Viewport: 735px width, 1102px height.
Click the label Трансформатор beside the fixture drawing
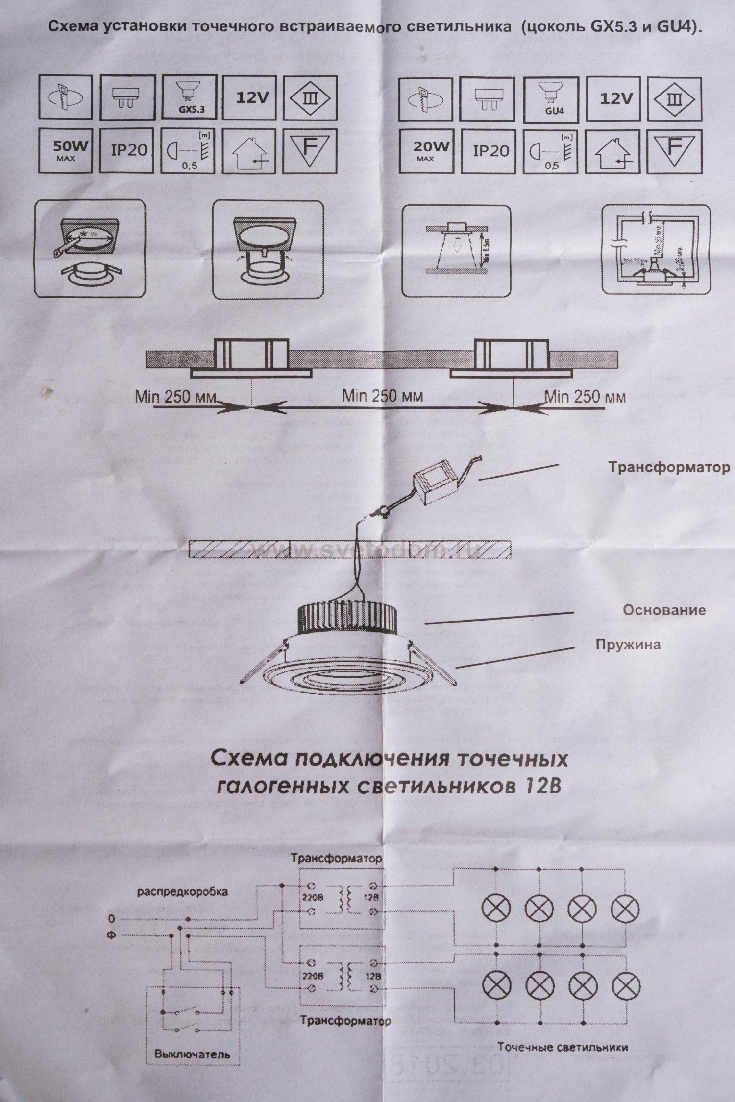click(x=669, y=467)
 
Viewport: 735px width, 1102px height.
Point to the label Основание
click(x=664, y=610)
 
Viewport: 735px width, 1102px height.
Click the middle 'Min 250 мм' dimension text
click(x=382, y=396)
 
